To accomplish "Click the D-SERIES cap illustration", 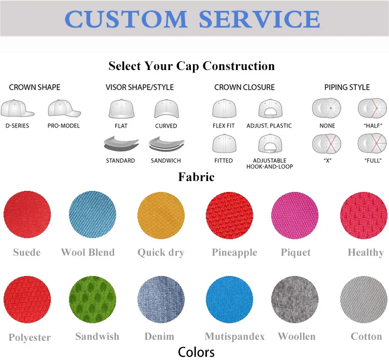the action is pos(17,108).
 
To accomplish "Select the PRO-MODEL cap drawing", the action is pos(64,108).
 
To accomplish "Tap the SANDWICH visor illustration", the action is pos(166,144).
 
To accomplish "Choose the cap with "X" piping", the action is pos(326,144).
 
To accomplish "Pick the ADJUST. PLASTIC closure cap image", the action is pos(270,108).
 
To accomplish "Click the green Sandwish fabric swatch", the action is pos(92,299).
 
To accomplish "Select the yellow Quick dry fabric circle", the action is pos(161,215).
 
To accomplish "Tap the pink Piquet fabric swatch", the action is pos(295,215).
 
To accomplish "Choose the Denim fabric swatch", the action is pos(161,299).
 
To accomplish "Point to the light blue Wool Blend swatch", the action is pos(92,214).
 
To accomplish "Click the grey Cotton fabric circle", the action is pos(364,299).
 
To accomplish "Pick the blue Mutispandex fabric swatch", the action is pos(229,299).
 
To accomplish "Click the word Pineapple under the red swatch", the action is pos(234,253).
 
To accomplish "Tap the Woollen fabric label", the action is pos(297,337).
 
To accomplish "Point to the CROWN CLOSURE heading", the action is pos(244,87).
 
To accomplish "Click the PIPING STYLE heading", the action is pos(347,87).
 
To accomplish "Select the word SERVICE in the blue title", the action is pos(259,19).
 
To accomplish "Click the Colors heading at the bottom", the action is pos(196,352).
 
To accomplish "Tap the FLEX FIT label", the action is pos(224,126).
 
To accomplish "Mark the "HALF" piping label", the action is pos(373,126).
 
